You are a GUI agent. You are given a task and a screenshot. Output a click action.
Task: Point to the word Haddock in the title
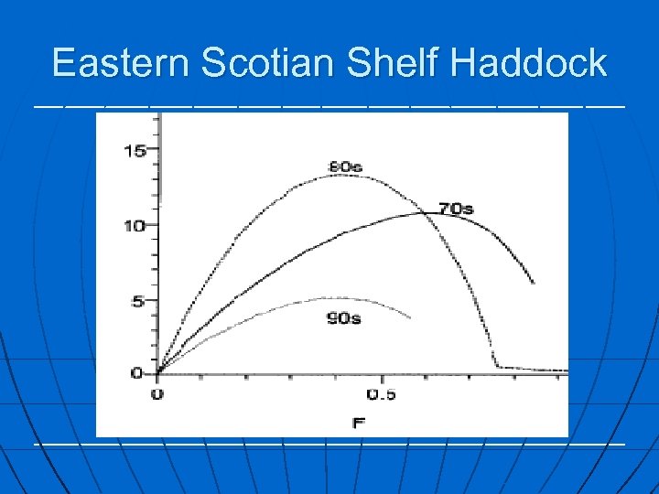[528, 63]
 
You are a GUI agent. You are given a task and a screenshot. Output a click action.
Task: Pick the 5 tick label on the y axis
[139, 301]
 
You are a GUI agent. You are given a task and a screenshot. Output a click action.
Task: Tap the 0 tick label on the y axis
[138, 373]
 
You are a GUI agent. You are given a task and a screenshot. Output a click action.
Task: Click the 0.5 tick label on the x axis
[381, 394]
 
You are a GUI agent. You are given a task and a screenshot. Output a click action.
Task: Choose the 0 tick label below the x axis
[157, 394]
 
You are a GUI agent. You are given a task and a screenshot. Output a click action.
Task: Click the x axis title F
[358, 424]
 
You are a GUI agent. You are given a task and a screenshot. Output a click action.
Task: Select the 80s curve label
[345, 166]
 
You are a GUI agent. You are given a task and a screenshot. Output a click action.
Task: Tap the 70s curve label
[456, 209]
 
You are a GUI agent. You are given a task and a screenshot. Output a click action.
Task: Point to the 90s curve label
[343, 318]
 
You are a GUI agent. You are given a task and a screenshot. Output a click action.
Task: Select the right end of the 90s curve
[410, 317]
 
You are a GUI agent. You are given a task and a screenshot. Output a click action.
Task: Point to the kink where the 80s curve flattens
[497, 367]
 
